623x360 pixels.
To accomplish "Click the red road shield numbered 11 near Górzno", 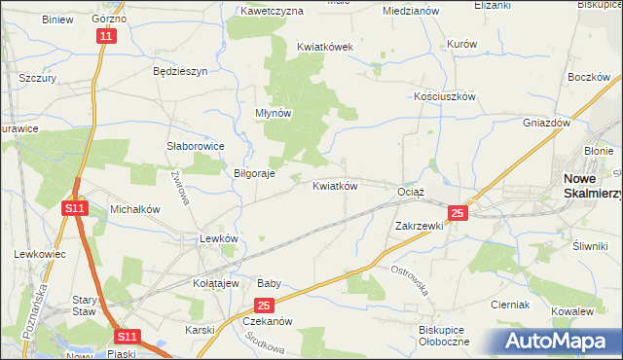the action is point(106,36).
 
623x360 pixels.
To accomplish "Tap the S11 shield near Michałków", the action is point(74,208).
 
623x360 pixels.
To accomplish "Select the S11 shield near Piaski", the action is point(127,337).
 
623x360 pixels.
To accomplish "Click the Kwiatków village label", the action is point(336,186).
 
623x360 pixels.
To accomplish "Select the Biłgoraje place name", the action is point(255,174).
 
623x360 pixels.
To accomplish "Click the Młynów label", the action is point(274,113).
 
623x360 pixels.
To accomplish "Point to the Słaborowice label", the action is point(196,146).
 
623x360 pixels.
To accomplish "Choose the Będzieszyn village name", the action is point(181,72).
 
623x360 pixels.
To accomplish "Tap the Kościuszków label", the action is point(444,97).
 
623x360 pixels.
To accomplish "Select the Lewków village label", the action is point(218,238).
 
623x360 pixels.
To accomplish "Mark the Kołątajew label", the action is point(215,283).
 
